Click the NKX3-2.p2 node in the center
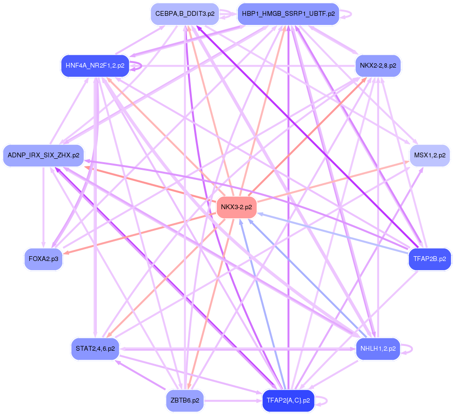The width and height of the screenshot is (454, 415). click(x=237, y=207)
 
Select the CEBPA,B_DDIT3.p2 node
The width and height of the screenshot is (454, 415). click(x=185, y=14)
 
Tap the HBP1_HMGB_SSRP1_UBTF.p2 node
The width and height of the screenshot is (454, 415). click(x=288, y=14)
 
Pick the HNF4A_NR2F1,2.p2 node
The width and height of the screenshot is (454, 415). click(x=95, y=66)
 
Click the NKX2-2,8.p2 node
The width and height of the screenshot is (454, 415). click(x=378, y=66)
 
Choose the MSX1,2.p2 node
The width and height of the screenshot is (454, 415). click(x=430, y=155)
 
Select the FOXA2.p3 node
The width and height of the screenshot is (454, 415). click(x=44, y=259)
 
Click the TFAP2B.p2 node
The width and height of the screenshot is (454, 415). click(x=430, y=259)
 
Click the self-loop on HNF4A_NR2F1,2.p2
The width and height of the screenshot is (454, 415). click(x=140, y=66)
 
